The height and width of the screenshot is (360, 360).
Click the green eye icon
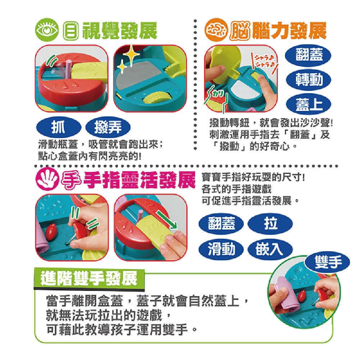pos(47,31)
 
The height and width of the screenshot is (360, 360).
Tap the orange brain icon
pos(215,31)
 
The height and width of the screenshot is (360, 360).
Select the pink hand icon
pos(47,179)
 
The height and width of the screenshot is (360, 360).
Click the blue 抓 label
pos(59,127)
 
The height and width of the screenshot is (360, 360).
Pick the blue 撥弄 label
pos(108,127)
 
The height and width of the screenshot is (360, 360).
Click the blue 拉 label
pos(270,224)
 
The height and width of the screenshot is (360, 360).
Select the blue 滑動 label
pos(221,249)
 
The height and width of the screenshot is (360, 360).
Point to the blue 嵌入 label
pos(270,249)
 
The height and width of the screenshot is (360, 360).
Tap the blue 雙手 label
pos(327,262)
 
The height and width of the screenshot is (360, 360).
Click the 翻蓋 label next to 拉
pos(221,224)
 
